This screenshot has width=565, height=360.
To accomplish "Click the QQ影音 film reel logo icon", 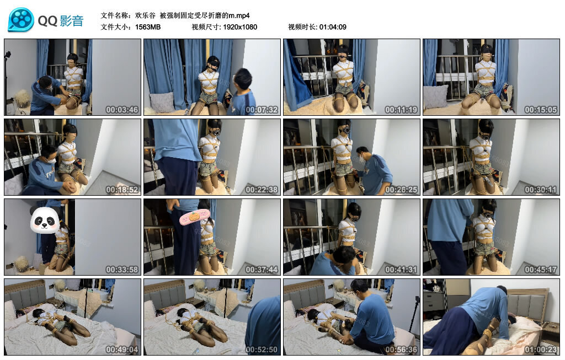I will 21,20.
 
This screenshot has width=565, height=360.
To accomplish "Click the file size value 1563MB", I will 148,27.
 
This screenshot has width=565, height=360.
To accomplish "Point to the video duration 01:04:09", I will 333,27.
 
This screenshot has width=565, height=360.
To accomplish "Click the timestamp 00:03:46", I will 121,110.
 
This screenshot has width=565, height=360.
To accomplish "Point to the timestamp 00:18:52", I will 121,190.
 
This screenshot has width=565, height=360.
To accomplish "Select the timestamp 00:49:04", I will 121,350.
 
